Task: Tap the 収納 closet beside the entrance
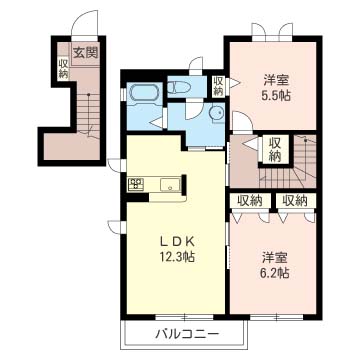(63, 67)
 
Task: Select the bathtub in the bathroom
(143, 93)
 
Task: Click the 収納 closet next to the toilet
(219, 87)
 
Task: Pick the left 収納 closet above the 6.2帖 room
(250, 200)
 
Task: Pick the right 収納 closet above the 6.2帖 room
(294, 200)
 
